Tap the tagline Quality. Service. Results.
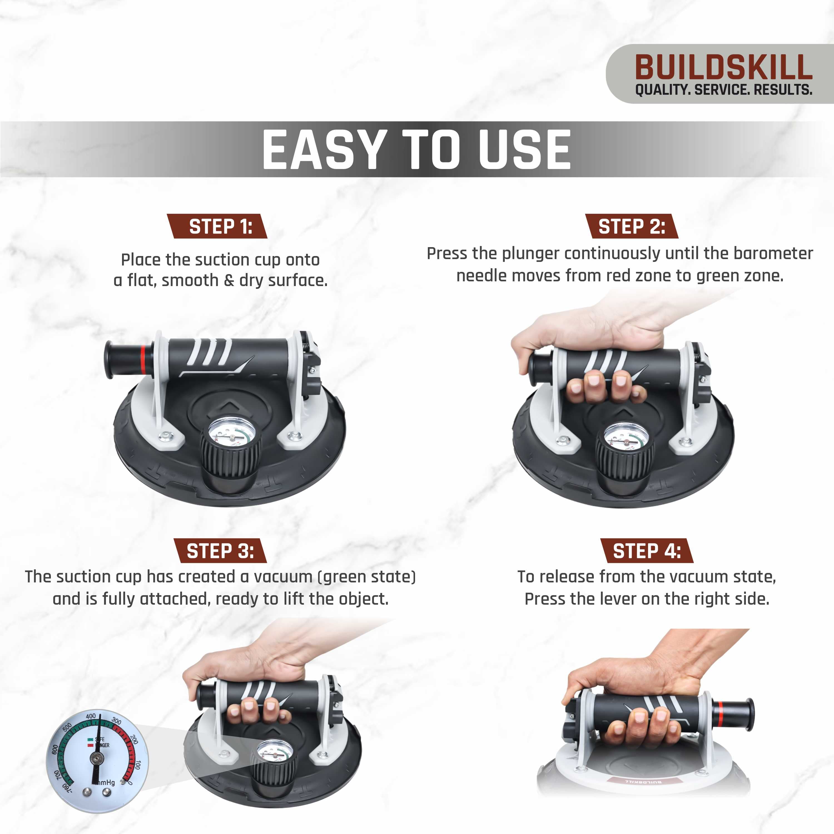click(723, 90)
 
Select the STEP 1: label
click(220, 226)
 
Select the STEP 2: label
click(632, 226)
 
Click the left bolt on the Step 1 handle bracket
click(165, 436)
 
